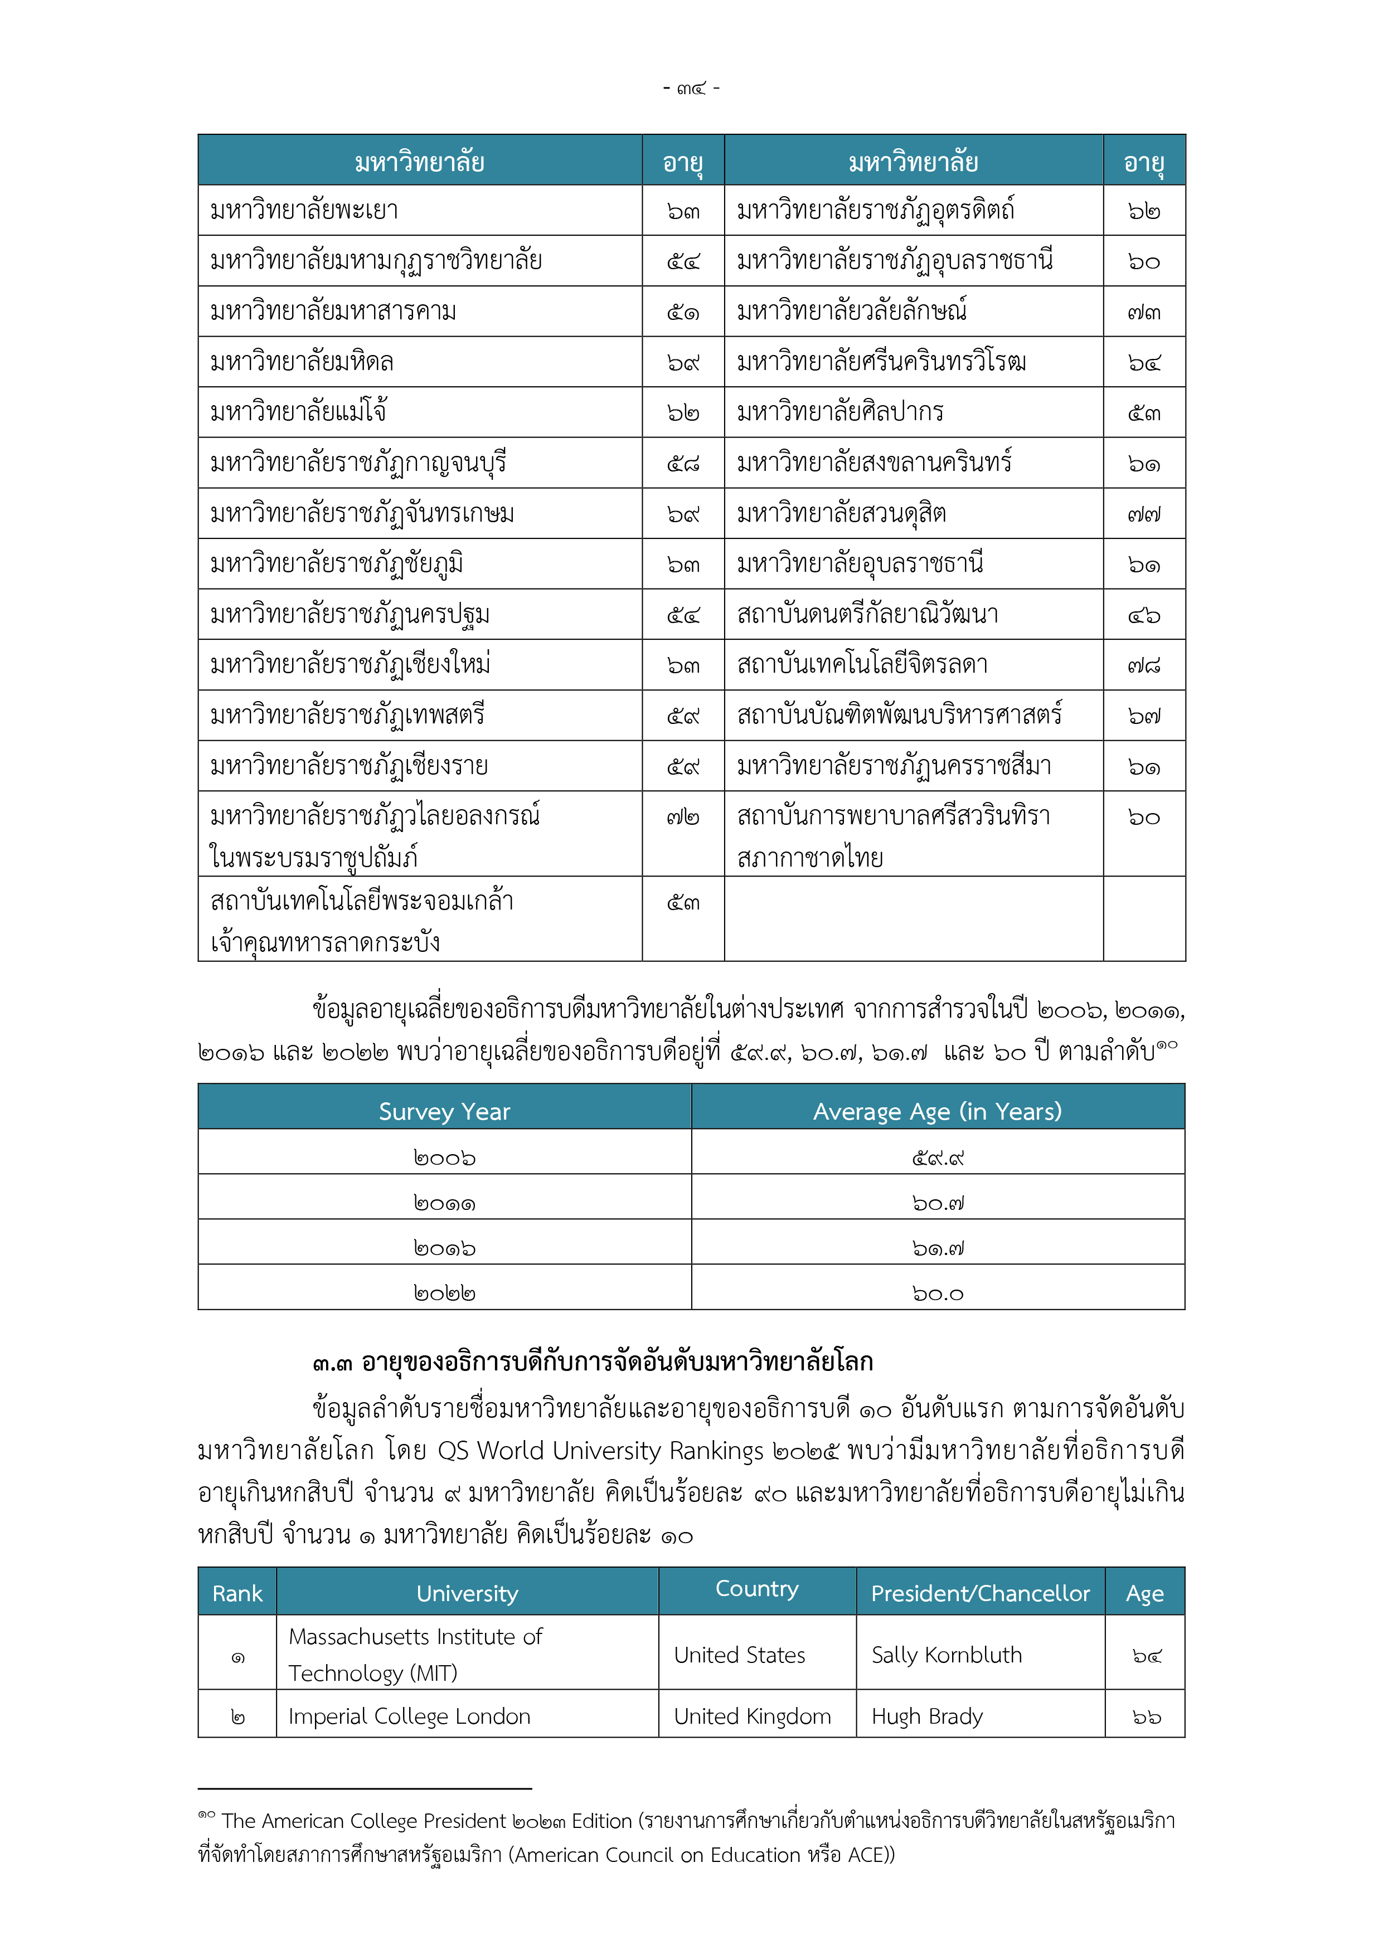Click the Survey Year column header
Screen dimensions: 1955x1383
444,1111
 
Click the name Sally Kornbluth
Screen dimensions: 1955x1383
946,1655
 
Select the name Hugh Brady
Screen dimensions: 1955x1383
926,1716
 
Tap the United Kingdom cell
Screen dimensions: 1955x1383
752,1716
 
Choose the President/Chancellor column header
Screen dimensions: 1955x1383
980,1593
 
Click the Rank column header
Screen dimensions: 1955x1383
237,1593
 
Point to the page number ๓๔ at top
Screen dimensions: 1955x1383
691,87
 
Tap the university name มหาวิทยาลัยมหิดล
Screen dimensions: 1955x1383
302,362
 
